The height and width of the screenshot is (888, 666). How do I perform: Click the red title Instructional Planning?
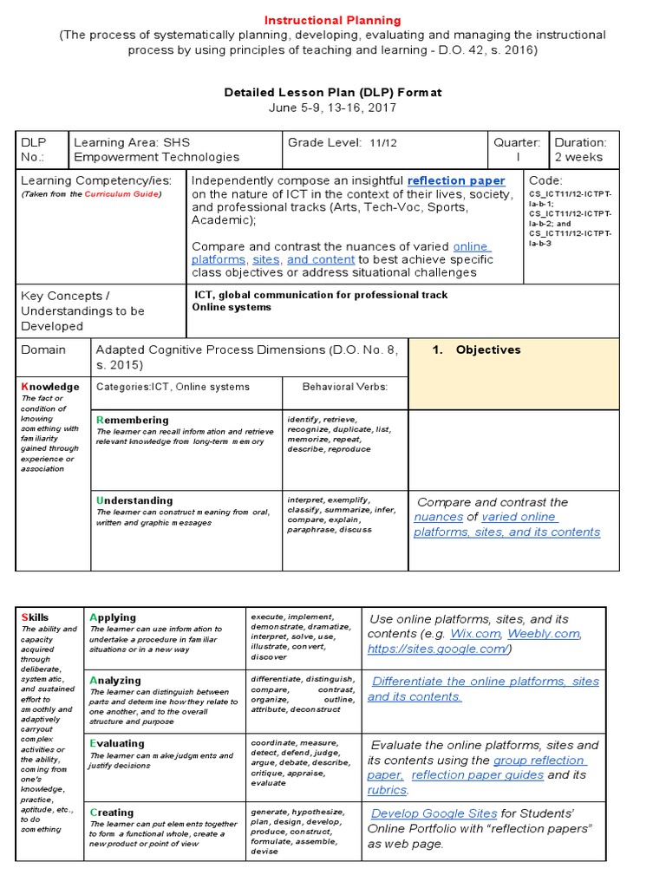[333, 20]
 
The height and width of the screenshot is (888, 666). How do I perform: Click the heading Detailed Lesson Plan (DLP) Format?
[333, 92]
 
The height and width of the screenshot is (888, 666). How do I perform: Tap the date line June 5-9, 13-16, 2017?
[333, 108]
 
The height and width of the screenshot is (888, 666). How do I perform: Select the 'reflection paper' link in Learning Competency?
[456, 180]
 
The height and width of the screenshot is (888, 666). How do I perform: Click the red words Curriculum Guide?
[133, 195]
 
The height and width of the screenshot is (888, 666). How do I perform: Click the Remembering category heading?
[132, 420]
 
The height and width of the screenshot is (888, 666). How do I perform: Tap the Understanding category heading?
[134, 500]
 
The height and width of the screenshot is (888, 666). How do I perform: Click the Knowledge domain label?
[49, 387]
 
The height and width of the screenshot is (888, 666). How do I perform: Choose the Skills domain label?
[35, 617]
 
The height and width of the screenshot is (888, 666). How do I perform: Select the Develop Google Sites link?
[434, 813]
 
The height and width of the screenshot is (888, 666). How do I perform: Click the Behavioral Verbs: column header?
[344, 387]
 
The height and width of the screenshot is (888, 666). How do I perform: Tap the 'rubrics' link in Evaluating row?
[387, 790]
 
